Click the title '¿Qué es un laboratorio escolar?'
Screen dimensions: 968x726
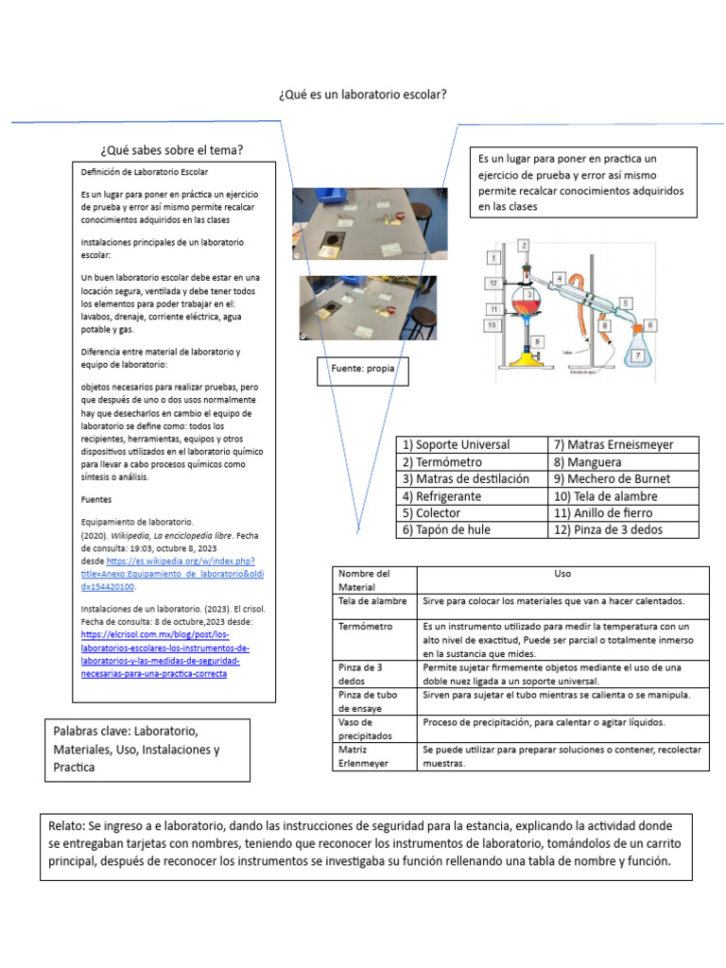362,95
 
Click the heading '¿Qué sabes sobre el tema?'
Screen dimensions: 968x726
172,150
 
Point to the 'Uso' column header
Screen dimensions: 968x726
562,574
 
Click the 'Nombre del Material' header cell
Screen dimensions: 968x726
363,580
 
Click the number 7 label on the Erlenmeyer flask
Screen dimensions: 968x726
639,355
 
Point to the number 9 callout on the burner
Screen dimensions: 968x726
537,341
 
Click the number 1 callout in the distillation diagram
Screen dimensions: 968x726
493,257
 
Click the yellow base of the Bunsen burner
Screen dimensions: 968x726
526,360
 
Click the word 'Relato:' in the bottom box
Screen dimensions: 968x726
68,826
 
